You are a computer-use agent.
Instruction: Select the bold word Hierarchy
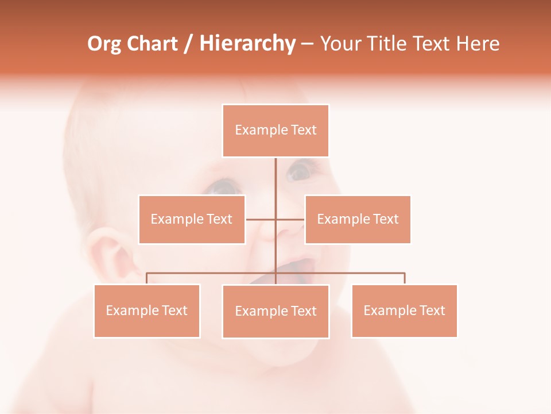(247, 44)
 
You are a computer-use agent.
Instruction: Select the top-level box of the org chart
(275, 131)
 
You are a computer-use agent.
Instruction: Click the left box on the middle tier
(192, 220)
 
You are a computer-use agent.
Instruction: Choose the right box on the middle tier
(358, 220)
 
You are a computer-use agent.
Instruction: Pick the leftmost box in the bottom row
(147, 311)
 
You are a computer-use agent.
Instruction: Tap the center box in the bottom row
(275, 312)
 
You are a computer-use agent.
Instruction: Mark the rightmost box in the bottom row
(404, 311)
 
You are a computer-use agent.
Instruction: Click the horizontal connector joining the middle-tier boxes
(261, 219)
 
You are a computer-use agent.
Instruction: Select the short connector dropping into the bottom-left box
(147, 279)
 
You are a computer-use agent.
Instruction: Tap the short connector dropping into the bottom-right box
(405, 279)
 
